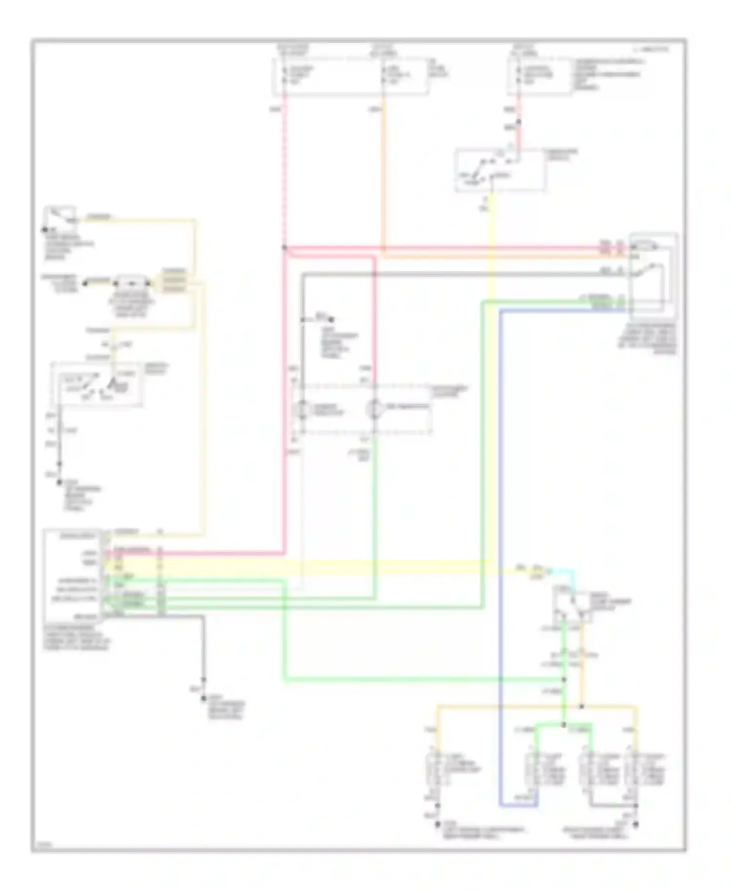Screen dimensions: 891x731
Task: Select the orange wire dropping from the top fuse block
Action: coord(384,171)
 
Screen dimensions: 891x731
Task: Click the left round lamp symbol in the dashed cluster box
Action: coord(303,409)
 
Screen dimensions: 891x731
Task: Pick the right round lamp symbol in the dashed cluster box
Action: coord(374,409)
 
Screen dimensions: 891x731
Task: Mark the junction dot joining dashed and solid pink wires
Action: coord(284,248)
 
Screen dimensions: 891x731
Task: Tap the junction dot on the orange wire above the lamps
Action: coord(582,706)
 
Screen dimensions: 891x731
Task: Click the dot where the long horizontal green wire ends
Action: coord(564,679)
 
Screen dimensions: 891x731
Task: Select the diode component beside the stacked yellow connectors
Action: coord(132,283)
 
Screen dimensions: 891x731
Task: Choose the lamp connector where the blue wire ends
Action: coord(534,771)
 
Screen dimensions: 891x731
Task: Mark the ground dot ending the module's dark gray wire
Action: coord(204,699)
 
